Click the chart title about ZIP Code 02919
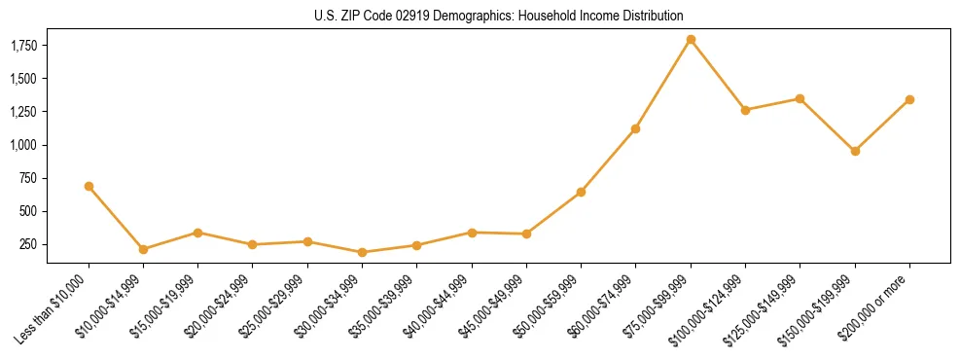pyautogui.click(x=499, y=17)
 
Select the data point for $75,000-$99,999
pyautogui.click(x=691, y=40)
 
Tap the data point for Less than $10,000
pyautogui.click(x=89, y=186)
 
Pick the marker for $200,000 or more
pyautogui.click(x=909, y=99)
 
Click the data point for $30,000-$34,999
pyautogui.click(x=362, y=252)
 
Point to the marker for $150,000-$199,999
pyautogui.click(x=855, y=151)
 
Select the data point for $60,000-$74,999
pyautogui.click(x=635, y=128)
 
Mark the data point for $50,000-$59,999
pyautogui.click(x=581, y=192)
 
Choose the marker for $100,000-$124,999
pyautogui.click(x=745, y=110)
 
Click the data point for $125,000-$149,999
pyautogui.click(x=800, y=98)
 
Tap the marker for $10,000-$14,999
pyautogui.click(x=143, y=249)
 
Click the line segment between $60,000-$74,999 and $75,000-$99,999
pyautogui.click(x=663, y=84)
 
